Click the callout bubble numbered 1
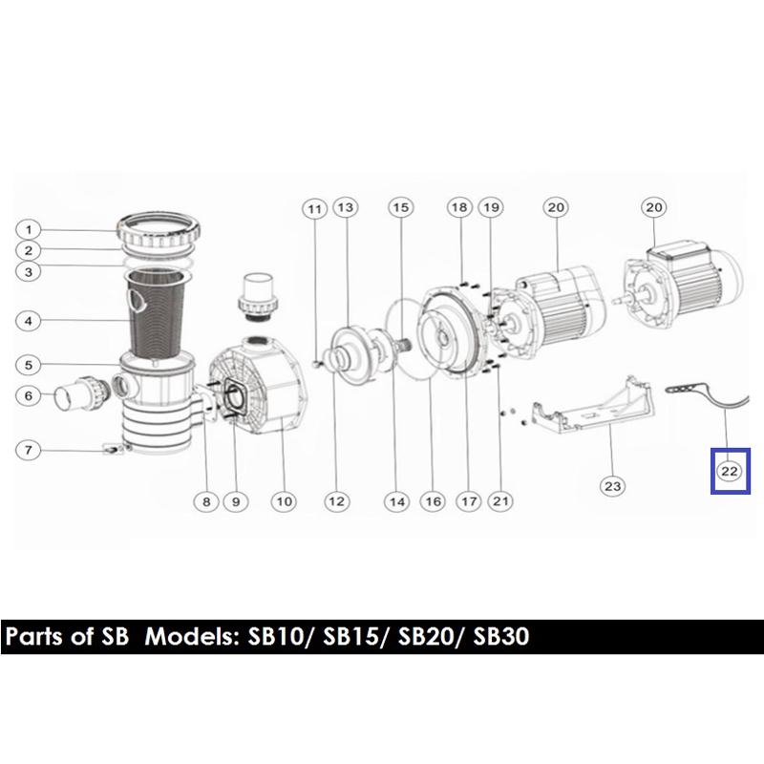coord(29,229)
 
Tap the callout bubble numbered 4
coord(29,321)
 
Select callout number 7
coord(29,450)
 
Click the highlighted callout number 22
coord(730,471)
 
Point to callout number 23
coord(612,486)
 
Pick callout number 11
coord(314,209)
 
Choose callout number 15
coord(400,207)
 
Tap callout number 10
coord(284,501)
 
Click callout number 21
coord(500,500)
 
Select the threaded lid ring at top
coord(159,229)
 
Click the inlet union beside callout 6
coord(80,393)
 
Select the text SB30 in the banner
coord(501,637)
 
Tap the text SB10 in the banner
coord(276,637)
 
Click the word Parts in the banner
coord(34,637)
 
